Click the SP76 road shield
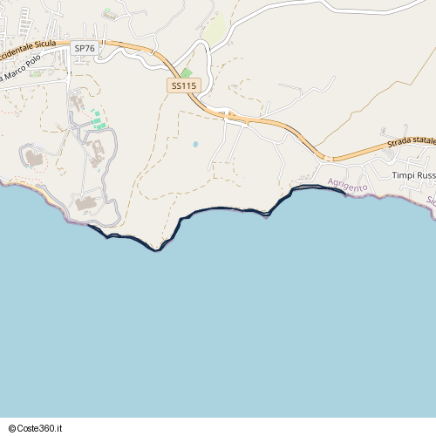[85, 49]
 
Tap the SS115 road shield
[184, 85]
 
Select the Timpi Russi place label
[412, 175]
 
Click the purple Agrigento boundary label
[348, 186]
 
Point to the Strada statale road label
[411, 145]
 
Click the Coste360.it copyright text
[37, 427]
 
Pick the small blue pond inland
[195, 144]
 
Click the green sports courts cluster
[99, 119]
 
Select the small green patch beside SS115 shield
[186, 72]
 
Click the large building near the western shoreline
[34, 159]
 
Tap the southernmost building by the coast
[85, 204]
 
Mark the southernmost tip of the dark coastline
[156, 249]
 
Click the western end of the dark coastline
[89, 226]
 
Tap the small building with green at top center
[110, 14]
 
